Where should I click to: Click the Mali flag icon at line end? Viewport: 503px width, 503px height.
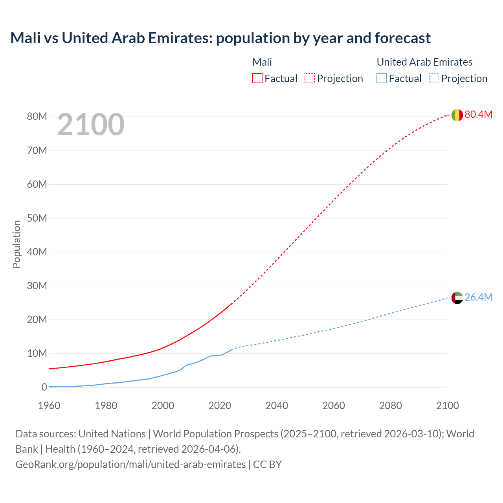(457, 115)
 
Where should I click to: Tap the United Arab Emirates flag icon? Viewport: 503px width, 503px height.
(457, 298)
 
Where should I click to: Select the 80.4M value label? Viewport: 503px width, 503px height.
(478, 114)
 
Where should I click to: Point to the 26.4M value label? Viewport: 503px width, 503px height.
(478, 297)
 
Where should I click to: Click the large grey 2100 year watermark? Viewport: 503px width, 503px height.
(91, 125)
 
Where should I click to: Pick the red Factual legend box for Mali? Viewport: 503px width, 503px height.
(257, 79)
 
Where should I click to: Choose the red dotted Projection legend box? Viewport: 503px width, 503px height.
(310, 79)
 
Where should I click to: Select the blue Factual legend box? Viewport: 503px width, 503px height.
(382, 79)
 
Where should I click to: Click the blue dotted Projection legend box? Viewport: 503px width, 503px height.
(434, 79)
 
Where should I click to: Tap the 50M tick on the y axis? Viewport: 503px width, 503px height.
(37, 218)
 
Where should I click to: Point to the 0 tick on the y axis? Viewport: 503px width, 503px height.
(44, 387)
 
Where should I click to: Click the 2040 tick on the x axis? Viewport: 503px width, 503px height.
(277, 406)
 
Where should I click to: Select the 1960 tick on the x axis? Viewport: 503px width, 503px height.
(49, 406)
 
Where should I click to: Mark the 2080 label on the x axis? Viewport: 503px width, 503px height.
(391, 406)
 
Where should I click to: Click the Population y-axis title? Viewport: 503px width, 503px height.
(17, 244)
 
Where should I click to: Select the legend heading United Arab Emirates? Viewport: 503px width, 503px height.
(424, 62)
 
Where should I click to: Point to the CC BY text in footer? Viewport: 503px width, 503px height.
(267, 464)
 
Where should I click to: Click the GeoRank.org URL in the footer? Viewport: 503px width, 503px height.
(130, 464)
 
